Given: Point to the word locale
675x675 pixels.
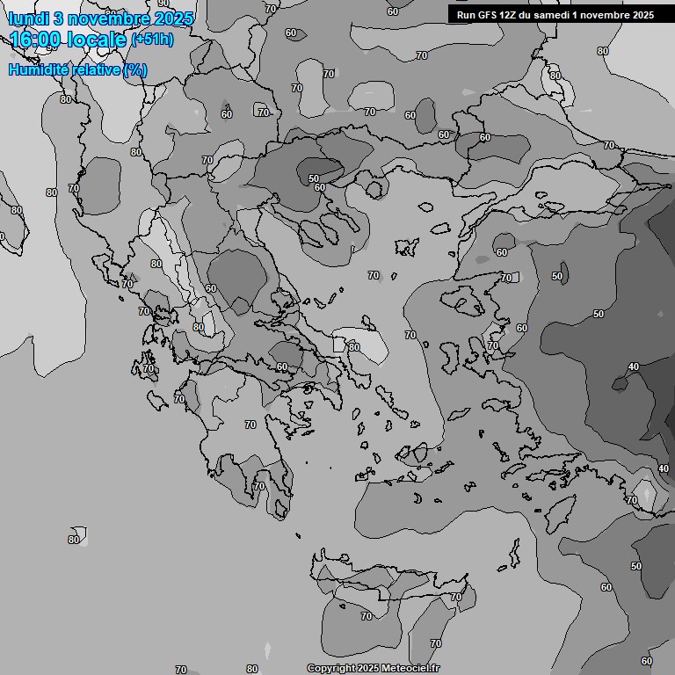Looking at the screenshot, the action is (99, 40).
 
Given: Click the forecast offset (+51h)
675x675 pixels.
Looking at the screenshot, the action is (152, 40).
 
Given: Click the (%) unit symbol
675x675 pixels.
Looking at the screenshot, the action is (135, 69).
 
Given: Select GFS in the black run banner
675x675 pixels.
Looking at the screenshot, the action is (486, 15).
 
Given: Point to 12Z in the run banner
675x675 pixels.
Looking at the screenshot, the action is (509, 15).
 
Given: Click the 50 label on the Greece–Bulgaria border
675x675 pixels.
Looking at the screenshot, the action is (314, 178).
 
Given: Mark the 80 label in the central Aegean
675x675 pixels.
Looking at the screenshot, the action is (353, 347).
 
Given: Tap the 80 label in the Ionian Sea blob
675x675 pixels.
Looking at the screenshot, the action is (74, 539).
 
